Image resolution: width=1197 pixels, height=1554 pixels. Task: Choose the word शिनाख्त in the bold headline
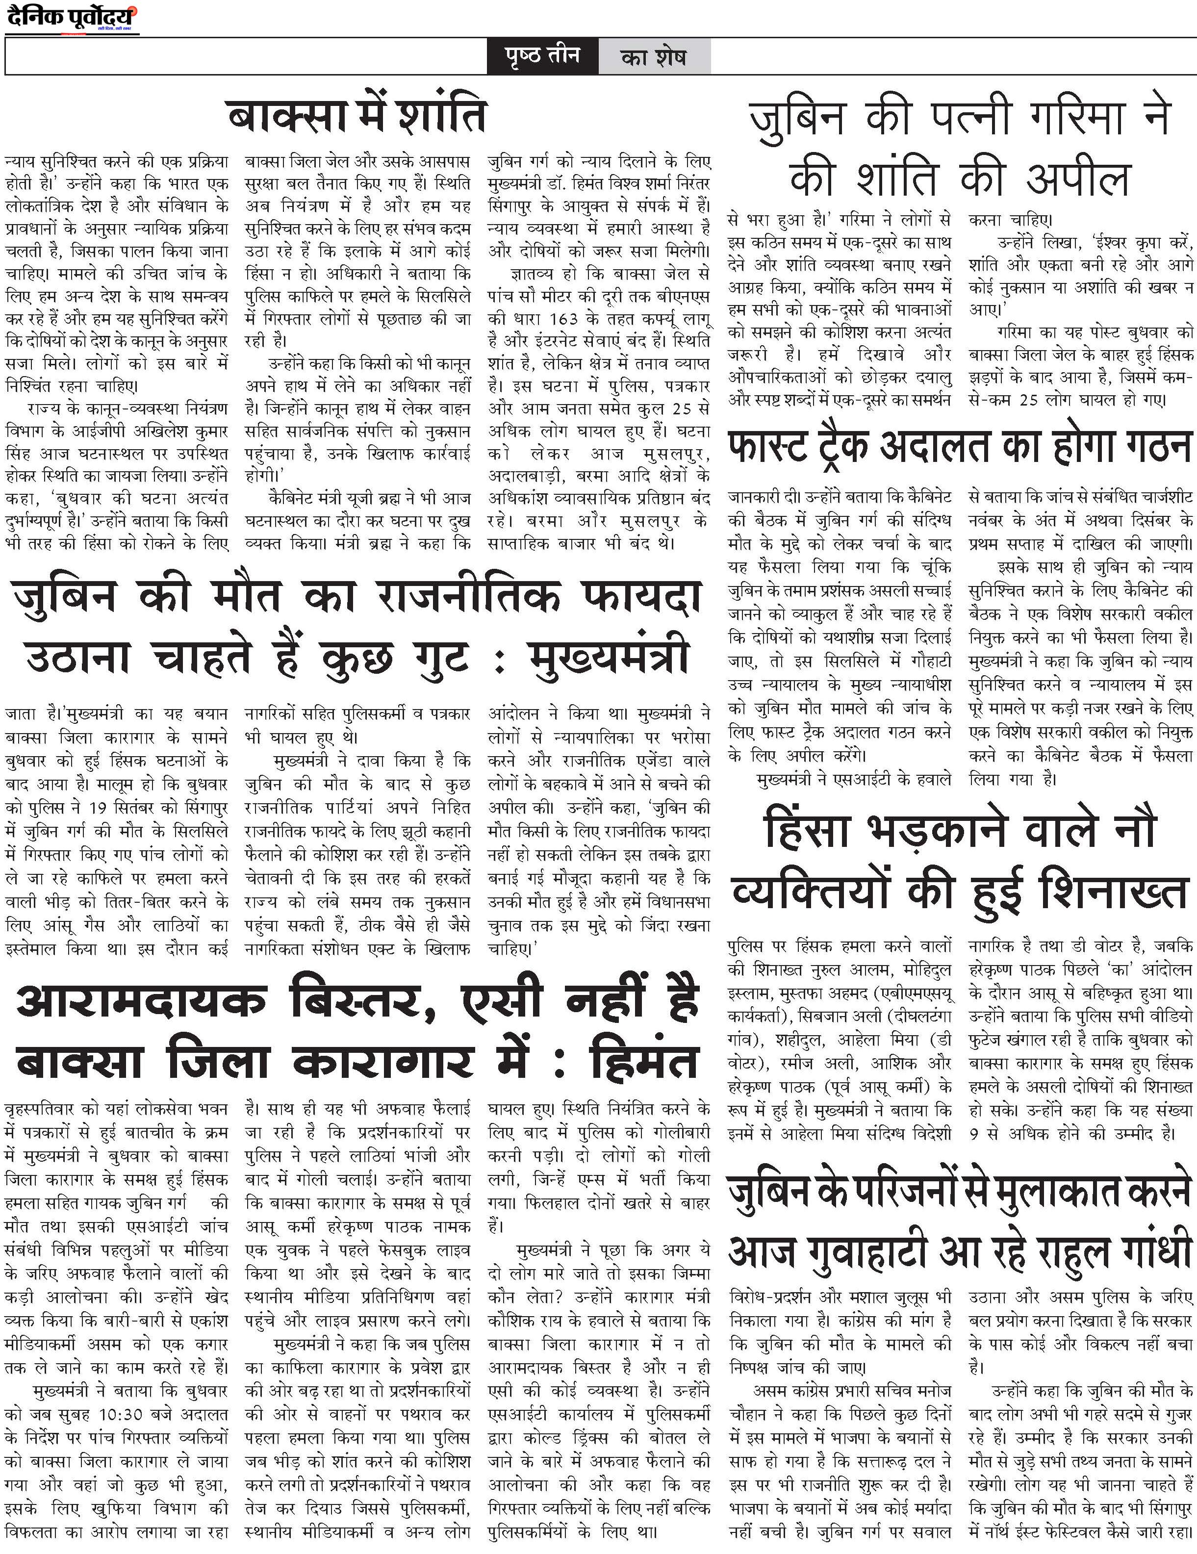pos(1113,891)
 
